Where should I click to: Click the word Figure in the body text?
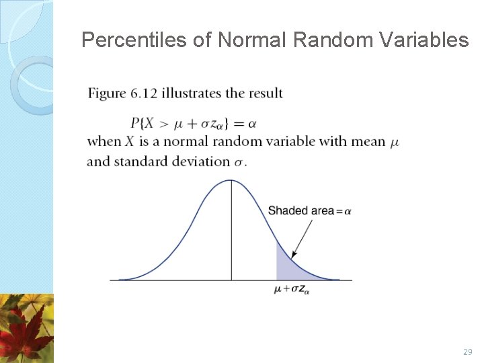[x=106, y=93]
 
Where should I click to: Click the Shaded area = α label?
[x=309, y=211]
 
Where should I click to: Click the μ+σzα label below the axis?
[x=292, y=290]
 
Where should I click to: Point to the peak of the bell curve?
[x=231, y=180]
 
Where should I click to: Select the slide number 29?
[x=468, y=352]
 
